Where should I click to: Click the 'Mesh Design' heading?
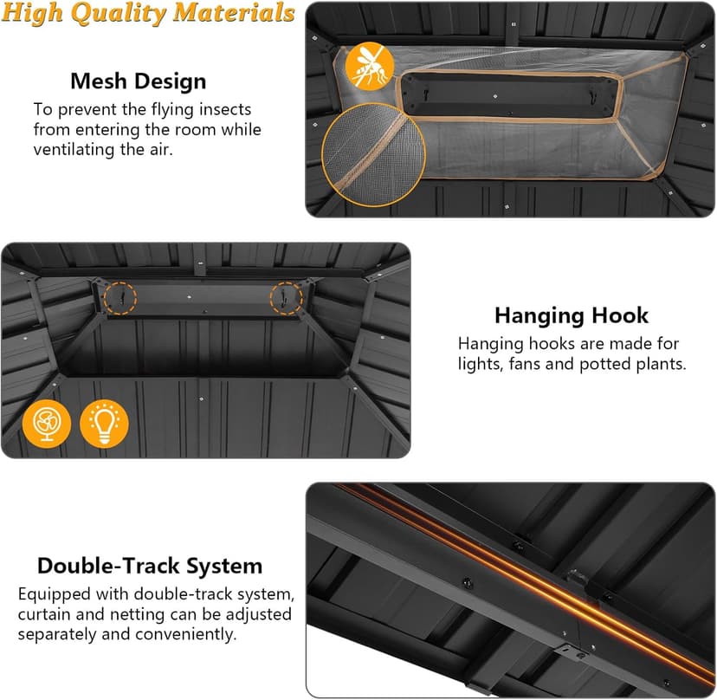coord(138,81)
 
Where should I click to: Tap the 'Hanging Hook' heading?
coord(572,315)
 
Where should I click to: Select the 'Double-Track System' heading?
coord(150,566)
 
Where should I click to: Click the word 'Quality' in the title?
coord(119,13)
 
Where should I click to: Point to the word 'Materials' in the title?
coord(234,12)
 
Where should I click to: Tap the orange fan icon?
coord(47,423)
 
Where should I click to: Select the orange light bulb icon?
coord(104,423)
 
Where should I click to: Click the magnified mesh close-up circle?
coord(373,155)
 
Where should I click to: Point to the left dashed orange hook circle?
coord(103,298)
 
